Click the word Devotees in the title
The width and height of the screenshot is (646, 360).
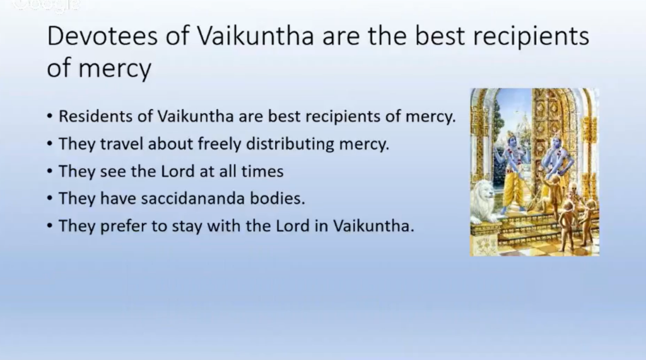point(102,36)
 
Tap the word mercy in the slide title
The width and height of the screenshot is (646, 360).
point(115,68)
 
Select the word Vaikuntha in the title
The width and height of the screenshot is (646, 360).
point(255,36)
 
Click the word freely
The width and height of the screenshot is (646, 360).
point(220,144)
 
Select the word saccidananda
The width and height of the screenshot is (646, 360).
point(193,199)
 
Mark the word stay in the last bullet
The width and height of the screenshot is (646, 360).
point(187,226)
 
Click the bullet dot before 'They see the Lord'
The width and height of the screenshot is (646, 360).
point(50,171)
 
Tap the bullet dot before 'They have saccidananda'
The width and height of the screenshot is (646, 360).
point(50,199)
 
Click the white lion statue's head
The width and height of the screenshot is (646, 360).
point(484,193)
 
